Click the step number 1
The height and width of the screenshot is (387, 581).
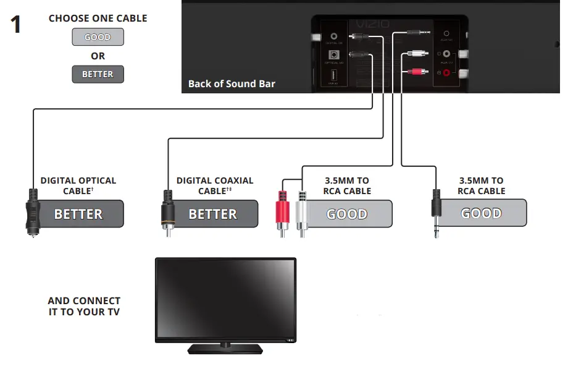[x=16, y=25]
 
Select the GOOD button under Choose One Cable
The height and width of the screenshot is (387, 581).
[x=98, y=37]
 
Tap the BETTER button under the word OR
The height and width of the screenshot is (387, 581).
[x=98, y=74]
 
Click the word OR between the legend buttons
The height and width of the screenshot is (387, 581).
[x=98, y=56]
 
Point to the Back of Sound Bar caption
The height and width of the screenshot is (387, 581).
[x=232, y=84]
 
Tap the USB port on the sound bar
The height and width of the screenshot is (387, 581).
[x=332, y=77]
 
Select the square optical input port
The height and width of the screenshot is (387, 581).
[x=333, y=54]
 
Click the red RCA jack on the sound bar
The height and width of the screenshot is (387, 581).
[x=446, y=72]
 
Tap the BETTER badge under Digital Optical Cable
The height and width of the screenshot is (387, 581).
[x=78, y=214]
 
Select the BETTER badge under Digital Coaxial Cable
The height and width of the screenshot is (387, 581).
[x=213, y=214]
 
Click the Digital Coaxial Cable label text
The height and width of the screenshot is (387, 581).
[x=214, y=185]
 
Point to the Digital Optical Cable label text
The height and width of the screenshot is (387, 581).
[x=78, y=185]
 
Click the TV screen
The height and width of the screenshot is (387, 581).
[x=225, y=297]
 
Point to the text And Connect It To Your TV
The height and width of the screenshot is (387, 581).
[x=84, y=306]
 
